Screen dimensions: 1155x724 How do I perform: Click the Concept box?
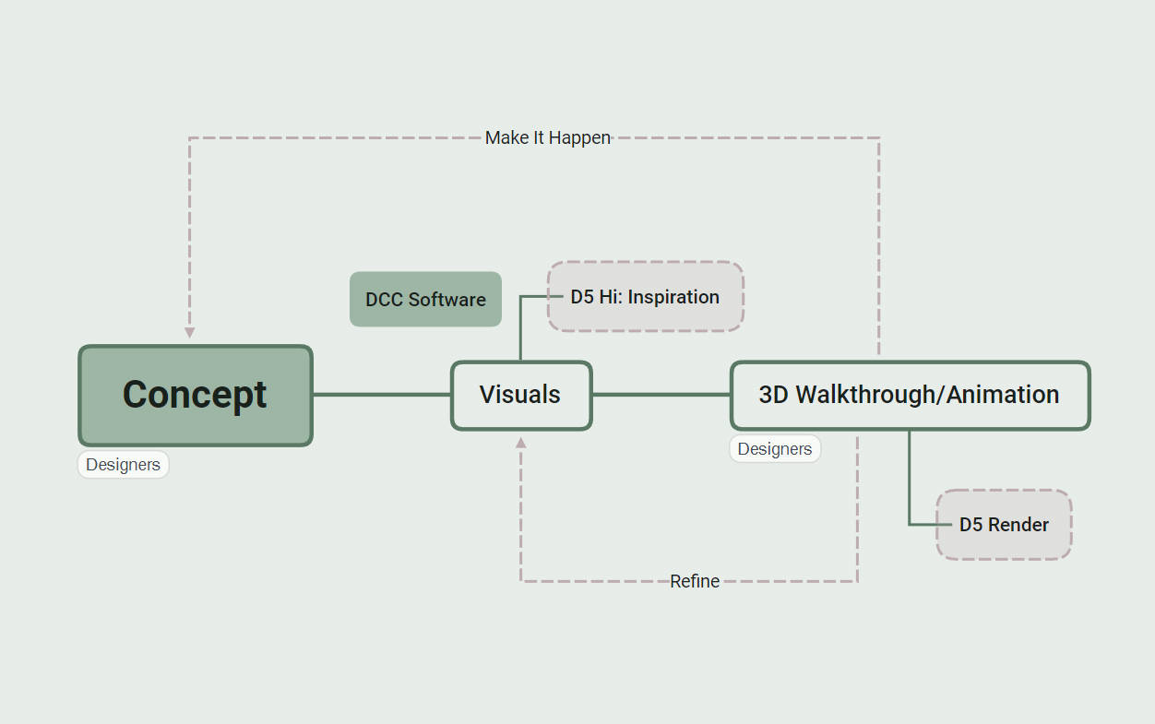[196, 396]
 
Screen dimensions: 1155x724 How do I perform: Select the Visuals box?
[521, 396]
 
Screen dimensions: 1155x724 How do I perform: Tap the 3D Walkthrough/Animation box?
[911, 396]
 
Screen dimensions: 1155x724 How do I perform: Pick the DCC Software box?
[425, 299]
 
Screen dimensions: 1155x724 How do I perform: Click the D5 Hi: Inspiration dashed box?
[645, 296]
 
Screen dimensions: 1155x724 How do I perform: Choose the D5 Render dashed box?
[1004, 525]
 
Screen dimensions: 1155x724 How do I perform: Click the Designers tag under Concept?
[124, 465]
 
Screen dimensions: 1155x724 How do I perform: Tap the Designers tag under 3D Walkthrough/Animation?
[775, 449]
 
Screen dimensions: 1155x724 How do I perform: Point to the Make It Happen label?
[548, 138]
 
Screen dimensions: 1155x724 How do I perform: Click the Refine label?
[695, 581]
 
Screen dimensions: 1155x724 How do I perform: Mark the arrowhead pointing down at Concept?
[190, 333]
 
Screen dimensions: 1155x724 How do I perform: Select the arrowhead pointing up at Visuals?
[521, 443]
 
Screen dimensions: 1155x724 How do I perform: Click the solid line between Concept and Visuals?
[382, 395]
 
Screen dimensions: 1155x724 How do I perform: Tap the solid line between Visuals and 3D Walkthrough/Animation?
[661, 395]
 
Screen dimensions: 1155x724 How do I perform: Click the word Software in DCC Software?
[447, 300]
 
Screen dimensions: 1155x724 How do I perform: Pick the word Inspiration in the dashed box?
[673, 298]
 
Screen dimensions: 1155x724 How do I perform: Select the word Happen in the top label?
[579, 138]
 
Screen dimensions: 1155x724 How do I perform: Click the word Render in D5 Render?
[1018, 525]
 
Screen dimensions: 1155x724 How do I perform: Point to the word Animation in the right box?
[1003, 395]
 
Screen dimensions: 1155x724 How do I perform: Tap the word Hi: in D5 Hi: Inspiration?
[611, 297]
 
